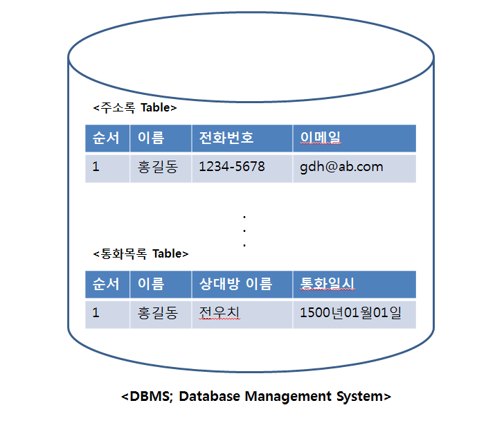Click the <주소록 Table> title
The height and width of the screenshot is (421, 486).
[135, 108]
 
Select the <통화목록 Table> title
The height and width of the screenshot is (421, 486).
[141, 253]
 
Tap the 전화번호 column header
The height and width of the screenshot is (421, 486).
[226, 138]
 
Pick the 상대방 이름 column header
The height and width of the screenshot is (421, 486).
[236, 284]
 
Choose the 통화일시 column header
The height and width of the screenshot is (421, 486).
[328, 284]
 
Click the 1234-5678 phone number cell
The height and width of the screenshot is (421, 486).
[232, 167]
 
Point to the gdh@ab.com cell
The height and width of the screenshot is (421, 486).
[341, 167]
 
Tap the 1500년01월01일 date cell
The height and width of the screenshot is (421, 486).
[350, 313]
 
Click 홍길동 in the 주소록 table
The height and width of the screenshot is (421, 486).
[158, 167]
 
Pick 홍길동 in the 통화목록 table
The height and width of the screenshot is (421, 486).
[158, 313]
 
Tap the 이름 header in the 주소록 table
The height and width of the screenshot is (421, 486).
[151, 138]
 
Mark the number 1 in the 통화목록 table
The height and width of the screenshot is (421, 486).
[96, 313]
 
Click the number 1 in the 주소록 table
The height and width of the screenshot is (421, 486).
[96, 167]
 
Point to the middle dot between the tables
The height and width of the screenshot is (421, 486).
[244, 231]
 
